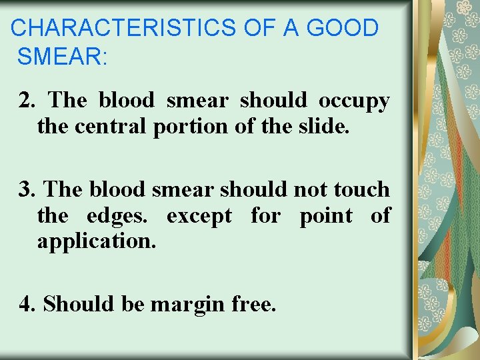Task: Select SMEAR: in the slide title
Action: coord(62,57)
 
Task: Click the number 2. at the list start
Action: coord(27,101)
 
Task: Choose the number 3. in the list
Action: coord(27,189)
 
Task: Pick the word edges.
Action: coord(124,217)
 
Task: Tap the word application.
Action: coord(97,241)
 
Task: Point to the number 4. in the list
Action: coord(27,304)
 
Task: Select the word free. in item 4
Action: coord(253,304)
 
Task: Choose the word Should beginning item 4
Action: coord(79,304)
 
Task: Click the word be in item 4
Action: coord(134,304)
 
